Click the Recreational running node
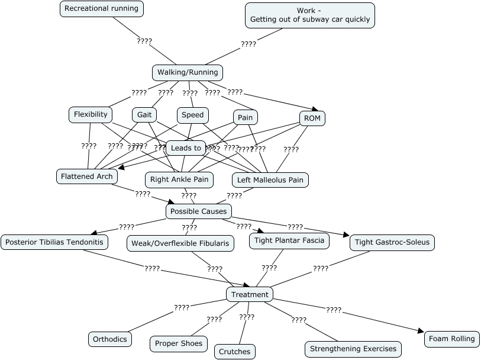[102, 9]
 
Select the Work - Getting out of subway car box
[310, 15]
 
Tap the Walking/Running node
[188, 72]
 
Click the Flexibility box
[91, 114]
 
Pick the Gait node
[144, 115]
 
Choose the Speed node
[193, 115]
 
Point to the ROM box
[312, 118]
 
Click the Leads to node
[186, 148]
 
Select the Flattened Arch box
[87, 176]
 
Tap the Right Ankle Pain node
[179, 179]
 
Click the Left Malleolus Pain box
[270, 179]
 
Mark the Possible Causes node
[198, 211]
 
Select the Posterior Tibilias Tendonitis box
[54, 242]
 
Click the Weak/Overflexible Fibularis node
[180, 243]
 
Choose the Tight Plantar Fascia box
[289, 240]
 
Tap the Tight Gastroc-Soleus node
[392, 242]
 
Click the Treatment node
[250, 294]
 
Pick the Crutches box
[235, 351]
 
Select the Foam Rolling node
[452, 339]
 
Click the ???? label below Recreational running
[144, 41]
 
